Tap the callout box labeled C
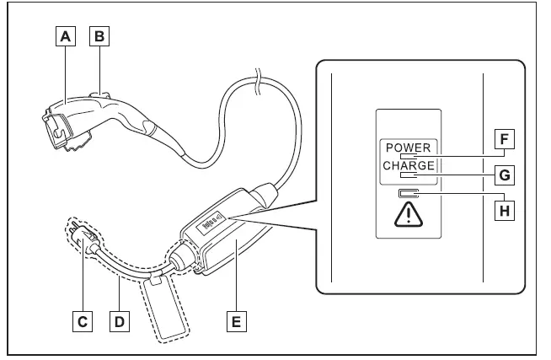82,321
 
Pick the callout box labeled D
120,321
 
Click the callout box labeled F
505,139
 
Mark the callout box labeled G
505,175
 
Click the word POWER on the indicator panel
408,148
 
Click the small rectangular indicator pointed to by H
408,196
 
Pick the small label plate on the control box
211,224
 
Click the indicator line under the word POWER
409,157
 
